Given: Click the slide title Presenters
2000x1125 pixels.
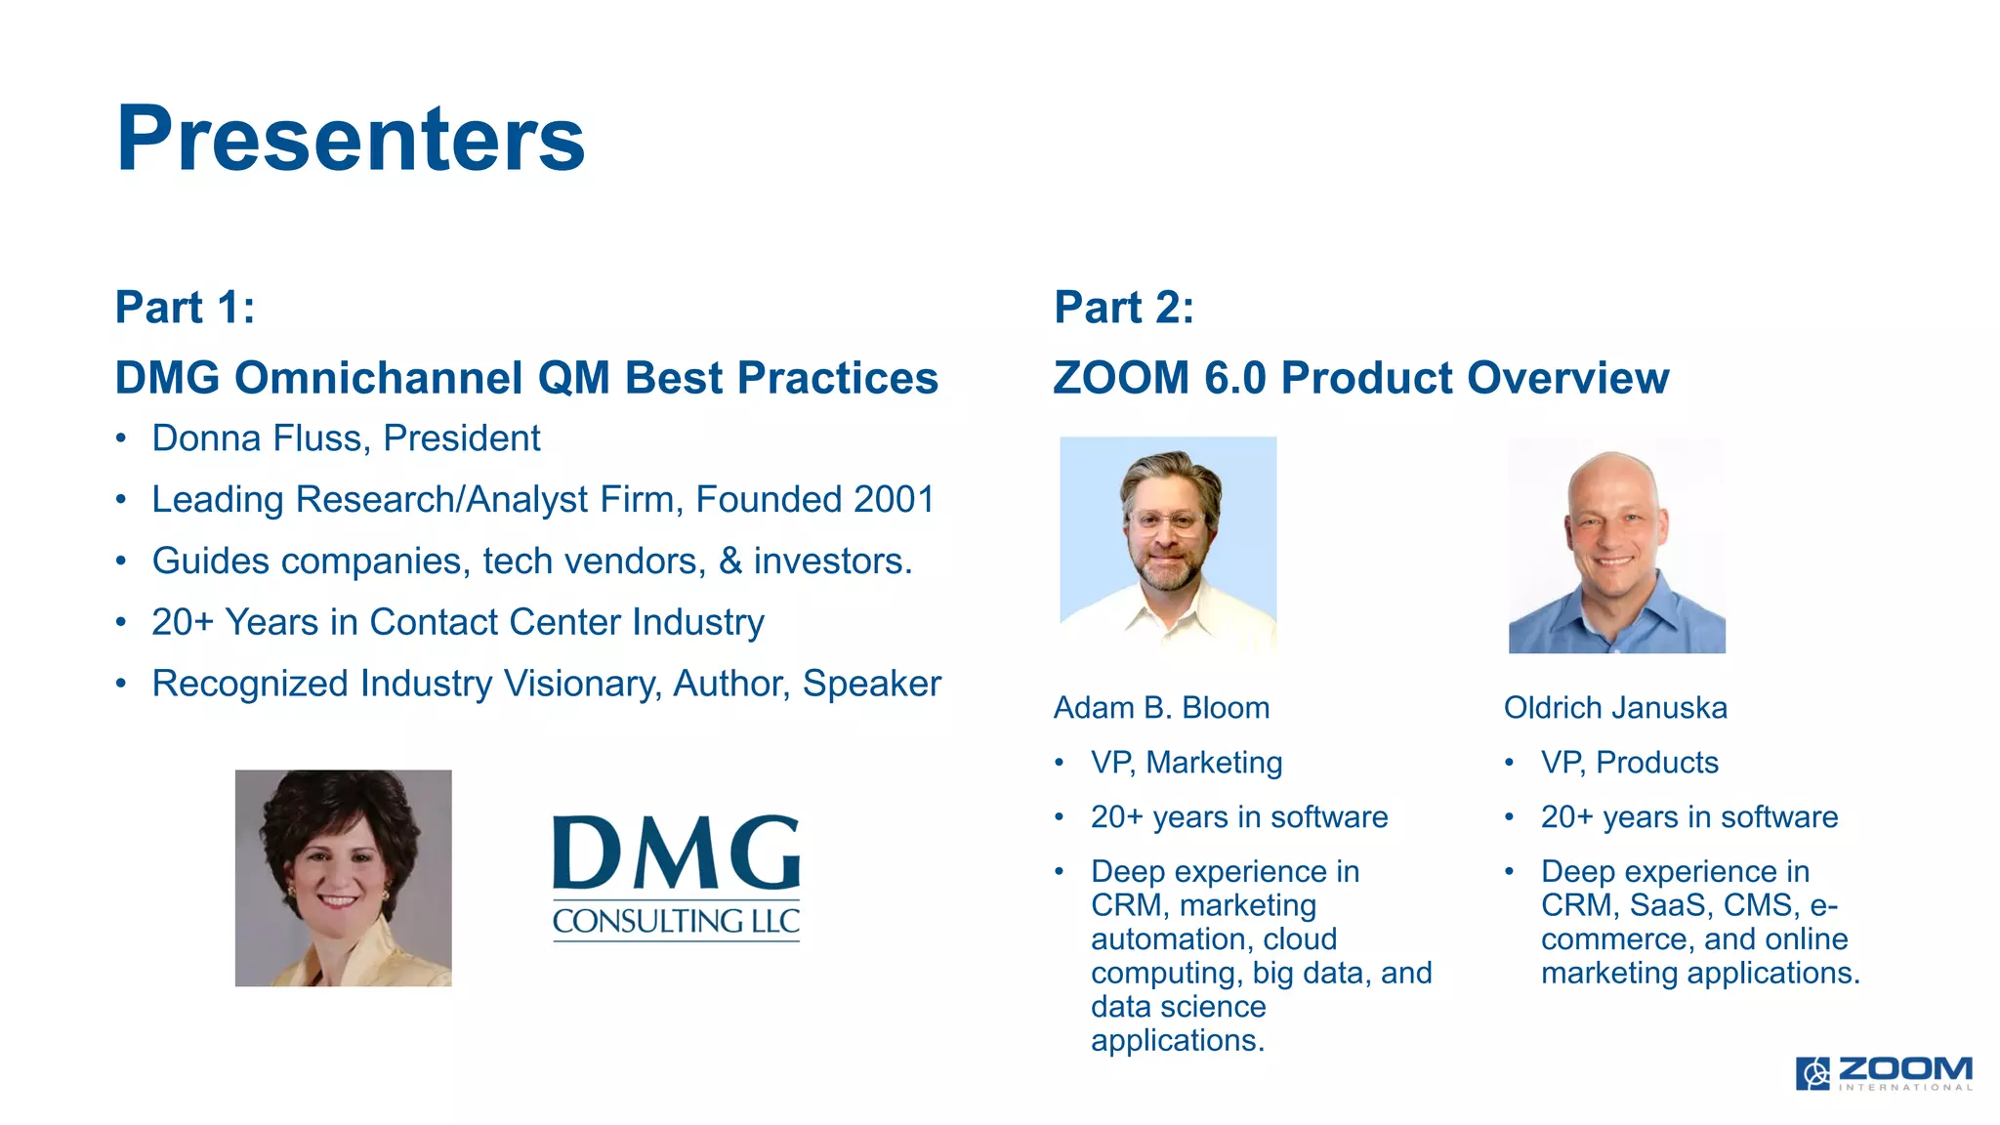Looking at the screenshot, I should (x=350, y=139).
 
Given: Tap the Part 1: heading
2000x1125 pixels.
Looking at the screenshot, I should (x=185, y=308).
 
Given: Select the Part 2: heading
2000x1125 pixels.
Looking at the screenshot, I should (x=1123, y=308).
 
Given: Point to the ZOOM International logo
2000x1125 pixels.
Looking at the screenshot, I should (x=1883, y=1072).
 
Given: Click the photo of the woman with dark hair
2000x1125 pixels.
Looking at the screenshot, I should (x=343, y=877).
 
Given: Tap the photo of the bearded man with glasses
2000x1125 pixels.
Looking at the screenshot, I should (x=1168, y=544).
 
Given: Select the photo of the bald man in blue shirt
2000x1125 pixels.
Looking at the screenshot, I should (x=1616, y=544).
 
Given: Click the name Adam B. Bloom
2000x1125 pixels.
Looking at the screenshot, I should (x=1161, y=707).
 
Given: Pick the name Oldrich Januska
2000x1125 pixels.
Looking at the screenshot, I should (x=1614, y=707).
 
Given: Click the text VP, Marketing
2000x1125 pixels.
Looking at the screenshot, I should (x=1186, y=762).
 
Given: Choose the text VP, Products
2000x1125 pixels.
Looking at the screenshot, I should (x=1629, y=762).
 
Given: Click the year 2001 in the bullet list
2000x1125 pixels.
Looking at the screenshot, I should (x=894, y=499).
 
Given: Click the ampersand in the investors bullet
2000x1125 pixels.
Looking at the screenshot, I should (x=730, y=561).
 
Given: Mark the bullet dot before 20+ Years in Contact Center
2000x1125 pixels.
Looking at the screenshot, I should (x=121, y=622).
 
